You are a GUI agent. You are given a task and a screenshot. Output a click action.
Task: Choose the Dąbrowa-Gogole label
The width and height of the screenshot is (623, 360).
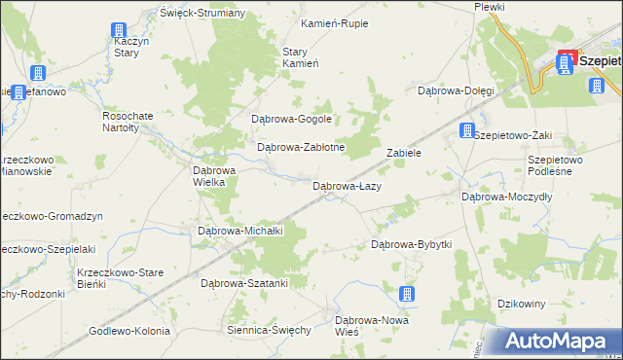292,120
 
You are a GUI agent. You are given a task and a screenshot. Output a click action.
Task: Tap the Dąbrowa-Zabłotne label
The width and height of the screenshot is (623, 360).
301,147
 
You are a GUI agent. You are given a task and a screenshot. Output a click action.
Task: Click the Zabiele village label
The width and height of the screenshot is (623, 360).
403,153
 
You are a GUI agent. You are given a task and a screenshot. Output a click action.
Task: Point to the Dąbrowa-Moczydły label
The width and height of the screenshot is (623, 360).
507,196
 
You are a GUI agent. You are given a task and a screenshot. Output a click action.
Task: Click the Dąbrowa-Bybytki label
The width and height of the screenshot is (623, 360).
412,244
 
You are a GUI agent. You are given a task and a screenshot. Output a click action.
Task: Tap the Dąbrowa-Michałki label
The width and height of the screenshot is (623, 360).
239,231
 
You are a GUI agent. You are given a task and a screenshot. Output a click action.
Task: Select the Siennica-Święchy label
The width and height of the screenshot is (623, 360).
268,330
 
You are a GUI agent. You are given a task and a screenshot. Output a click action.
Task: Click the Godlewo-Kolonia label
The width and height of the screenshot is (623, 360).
129,330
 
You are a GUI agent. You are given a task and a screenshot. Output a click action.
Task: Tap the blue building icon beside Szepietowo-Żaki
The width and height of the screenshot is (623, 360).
468,130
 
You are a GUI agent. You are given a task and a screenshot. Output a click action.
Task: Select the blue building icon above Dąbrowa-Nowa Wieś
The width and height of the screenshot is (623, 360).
407,294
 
